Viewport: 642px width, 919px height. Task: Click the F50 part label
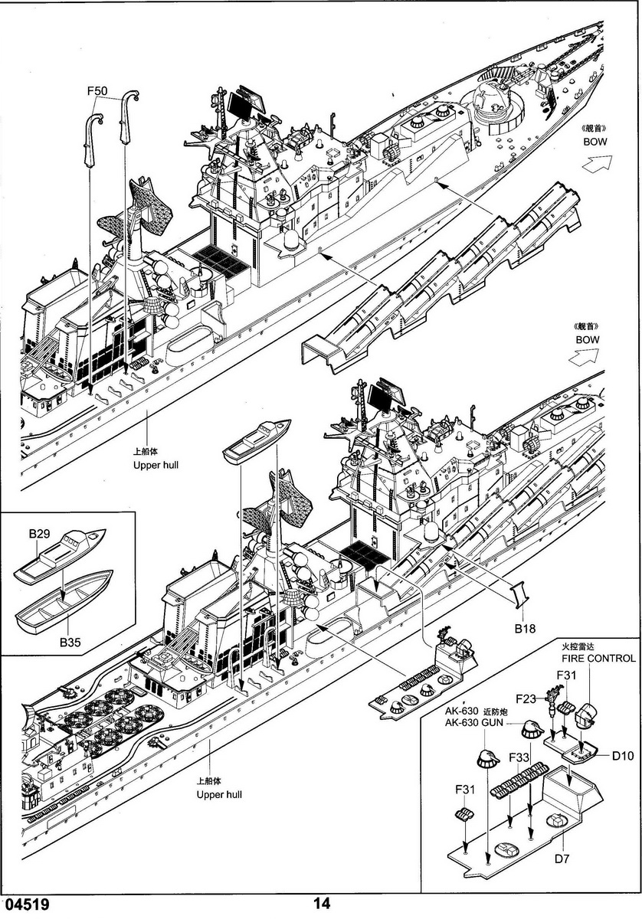pos(97,90)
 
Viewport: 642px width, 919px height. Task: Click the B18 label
pos(525,628)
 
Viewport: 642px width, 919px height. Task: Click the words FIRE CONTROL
pos(598,658)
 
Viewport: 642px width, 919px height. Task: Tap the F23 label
pos(526,698)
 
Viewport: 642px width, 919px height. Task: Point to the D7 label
pos(563,858)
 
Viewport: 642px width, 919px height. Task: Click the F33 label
pos(519,758)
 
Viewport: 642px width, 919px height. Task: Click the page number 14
pos(322,904)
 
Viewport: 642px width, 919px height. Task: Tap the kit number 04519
pos(27,904)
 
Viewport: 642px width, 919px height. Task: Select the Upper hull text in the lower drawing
pos(218,794)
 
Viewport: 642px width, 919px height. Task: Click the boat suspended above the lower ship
pos(257,442)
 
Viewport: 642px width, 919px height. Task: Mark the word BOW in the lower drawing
pos(588,339)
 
